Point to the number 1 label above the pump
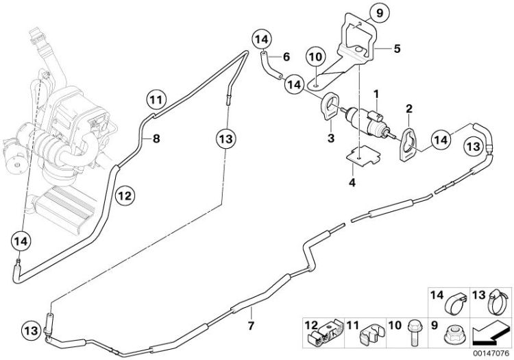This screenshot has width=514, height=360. point(376,91)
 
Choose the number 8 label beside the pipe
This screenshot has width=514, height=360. point(156,139)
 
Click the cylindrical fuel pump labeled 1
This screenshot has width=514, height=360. point(371,120)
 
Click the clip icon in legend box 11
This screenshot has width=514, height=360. point(371,331)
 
